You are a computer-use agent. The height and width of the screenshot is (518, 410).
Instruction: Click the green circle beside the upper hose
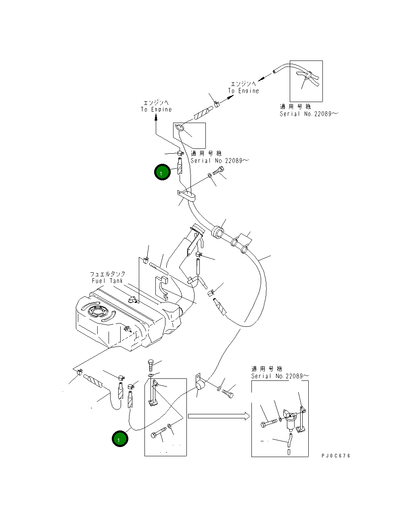(x=162, y=172)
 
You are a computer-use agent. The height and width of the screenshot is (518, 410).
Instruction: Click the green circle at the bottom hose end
(x=120, y=439)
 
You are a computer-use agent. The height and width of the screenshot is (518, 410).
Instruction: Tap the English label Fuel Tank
(x=107, y=281)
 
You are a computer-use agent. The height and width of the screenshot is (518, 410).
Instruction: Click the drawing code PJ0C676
(x=336, y=455)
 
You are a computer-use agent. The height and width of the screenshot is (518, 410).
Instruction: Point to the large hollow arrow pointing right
(x=219, y=416)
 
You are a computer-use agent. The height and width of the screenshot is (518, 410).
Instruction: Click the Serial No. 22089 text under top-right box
(x=309, y=114)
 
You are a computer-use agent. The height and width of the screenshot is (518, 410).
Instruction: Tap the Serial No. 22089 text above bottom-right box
(x=280, y=376)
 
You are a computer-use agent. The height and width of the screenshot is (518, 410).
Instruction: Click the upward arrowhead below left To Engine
(x=156, y=118)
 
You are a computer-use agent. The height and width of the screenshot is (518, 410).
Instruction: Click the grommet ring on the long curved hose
(x=218, y=232)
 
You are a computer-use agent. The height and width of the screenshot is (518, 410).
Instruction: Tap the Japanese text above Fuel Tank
(x=108, y=274)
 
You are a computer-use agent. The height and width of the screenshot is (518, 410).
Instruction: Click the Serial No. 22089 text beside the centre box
(x=220, y=161)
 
